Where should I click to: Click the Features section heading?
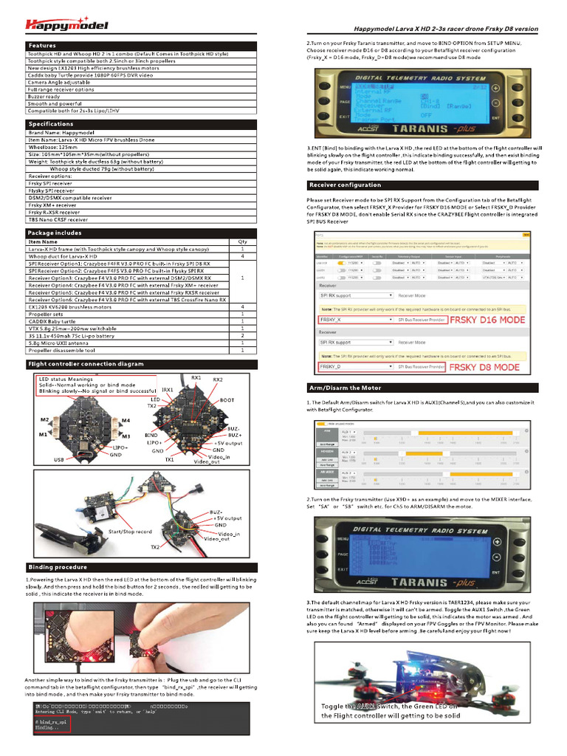(44, 46)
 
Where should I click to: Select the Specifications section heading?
(51, 124)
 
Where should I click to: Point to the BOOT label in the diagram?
(227, 399)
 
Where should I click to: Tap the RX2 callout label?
(218, 379)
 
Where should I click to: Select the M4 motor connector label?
(126, 421)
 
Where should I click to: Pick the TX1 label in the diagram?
(170, 459)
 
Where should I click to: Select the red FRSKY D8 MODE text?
(484, 367)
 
